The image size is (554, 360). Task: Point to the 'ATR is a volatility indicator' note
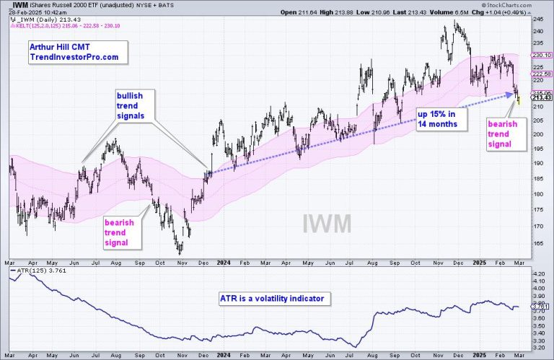pyautogui.click(x=270, y=297)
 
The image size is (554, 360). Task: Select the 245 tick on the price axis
pyautogui.click(x=539, y=20)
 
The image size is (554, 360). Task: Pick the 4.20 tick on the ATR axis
pyautogui.click(x=539, y=275)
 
